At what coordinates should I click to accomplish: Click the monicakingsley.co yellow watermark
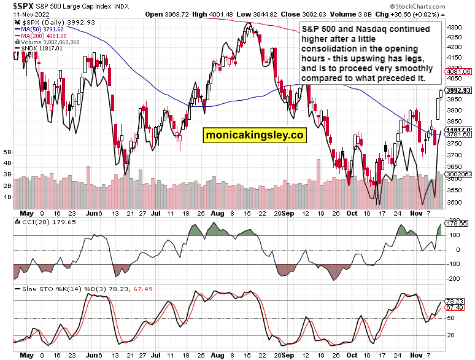pos(255,135)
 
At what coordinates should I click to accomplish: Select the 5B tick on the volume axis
pos(7,151)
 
